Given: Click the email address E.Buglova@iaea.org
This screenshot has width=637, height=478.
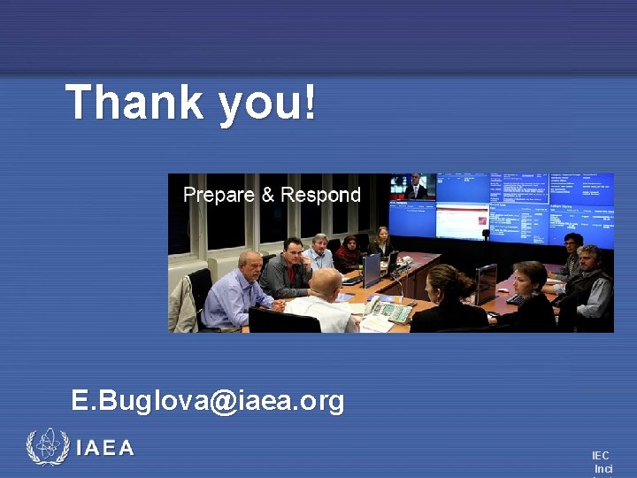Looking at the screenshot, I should (208, 400).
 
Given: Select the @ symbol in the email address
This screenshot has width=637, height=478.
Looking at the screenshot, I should (224, 401).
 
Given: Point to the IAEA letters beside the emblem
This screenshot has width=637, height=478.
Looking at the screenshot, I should (105, 449).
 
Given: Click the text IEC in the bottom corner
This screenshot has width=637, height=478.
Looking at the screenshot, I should (601, 455).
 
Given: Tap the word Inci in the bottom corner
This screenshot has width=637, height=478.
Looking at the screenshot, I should (602, 468).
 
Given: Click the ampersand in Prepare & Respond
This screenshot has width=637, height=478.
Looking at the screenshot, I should (268, 195).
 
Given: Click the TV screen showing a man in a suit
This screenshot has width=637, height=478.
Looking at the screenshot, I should (412, 187).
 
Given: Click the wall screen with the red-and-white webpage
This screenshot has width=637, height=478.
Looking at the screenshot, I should (461, 220).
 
